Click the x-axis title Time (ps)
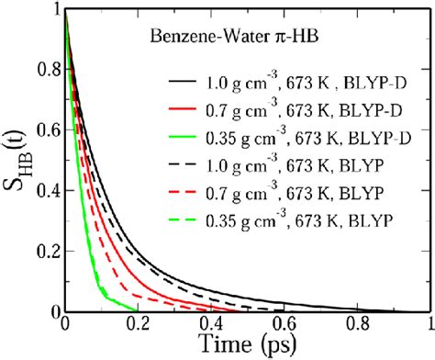248,345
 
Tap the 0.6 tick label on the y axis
42,132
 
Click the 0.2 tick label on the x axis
137,324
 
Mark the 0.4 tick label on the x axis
210,324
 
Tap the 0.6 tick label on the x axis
284,324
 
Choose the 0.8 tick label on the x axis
357,324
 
